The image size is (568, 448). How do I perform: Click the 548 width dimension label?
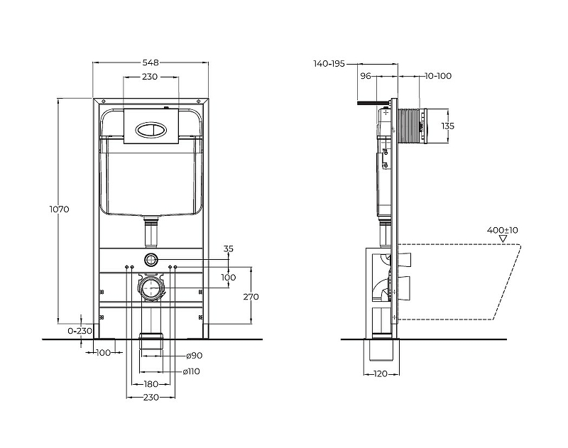pos(151,62)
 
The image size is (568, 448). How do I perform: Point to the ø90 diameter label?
pos(195,355)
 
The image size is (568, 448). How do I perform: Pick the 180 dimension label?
pos(151,384)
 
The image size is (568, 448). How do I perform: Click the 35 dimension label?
pos(229,249)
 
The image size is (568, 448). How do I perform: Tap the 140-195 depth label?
pos(329,63)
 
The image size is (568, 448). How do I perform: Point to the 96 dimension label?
pos(366,76)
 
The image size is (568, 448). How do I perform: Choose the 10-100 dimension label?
pos(439,76)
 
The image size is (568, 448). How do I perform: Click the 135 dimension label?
pos(447,126)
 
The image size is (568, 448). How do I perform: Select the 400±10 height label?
pos(503,230)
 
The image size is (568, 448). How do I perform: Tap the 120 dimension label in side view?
pos(382,373)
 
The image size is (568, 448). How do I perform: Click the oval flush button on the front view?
pos(151,130)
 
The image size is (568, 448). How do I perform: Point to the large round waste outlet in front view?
pos(151,288)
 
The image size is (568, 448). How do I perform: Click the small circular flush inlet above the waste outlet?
pos(151,258)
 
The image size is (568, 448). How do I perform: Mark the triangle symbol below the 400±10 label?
pos(503,239)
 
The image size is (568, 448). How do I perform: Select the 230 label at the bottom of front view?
pos(151,397)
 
